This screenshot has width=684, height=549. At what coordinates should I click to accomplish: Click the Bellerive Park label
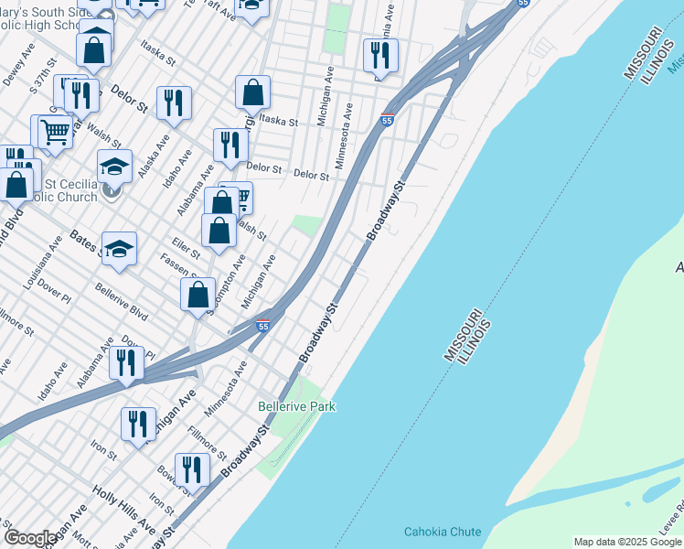pyautogui.click(x=296, y=405)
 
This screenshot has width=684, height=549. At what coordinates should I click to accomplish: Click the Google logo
pyautogui.click(x=29, y=538)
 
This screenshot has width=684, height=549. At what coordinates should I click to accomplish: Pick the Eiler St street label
pyautogui.click(x=186, y=247)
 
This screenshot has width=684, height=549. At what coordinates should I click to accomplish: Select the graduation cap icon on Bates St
pyautogui.click(x=119, y=249)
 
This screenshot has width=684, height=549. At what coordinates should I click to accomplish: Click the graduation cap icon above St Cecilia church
pyautogui.click(x=114, y=167)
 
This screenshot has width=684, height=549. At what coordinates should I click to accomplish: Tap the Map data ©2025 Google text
pyautogui.click(x=628, y=542)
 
